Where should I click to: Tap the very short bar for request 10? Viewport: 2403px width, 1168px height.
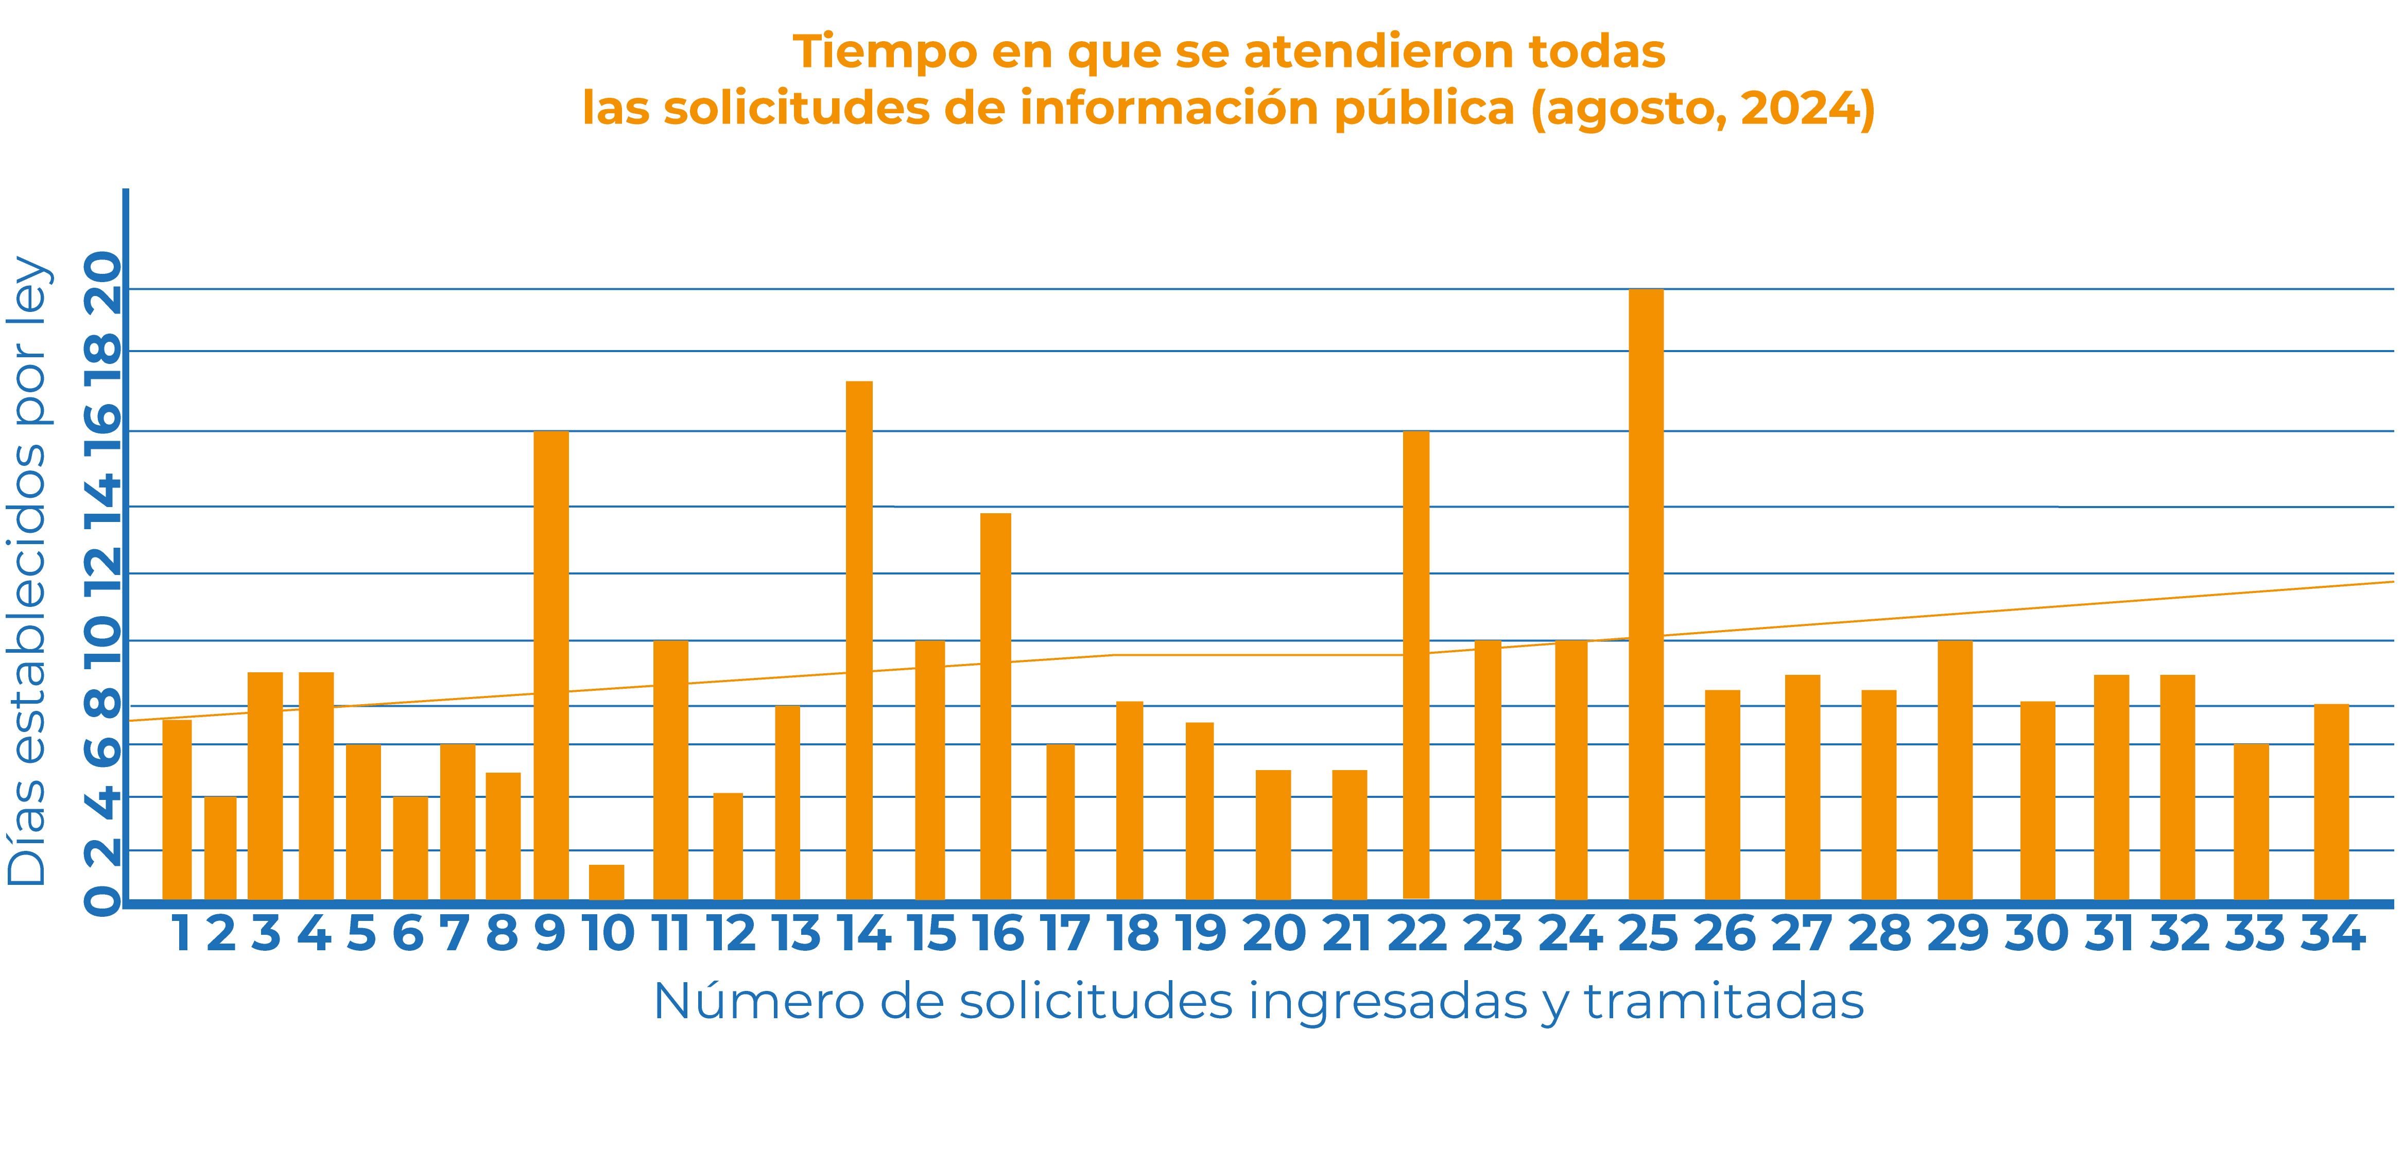pos(607,882)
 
